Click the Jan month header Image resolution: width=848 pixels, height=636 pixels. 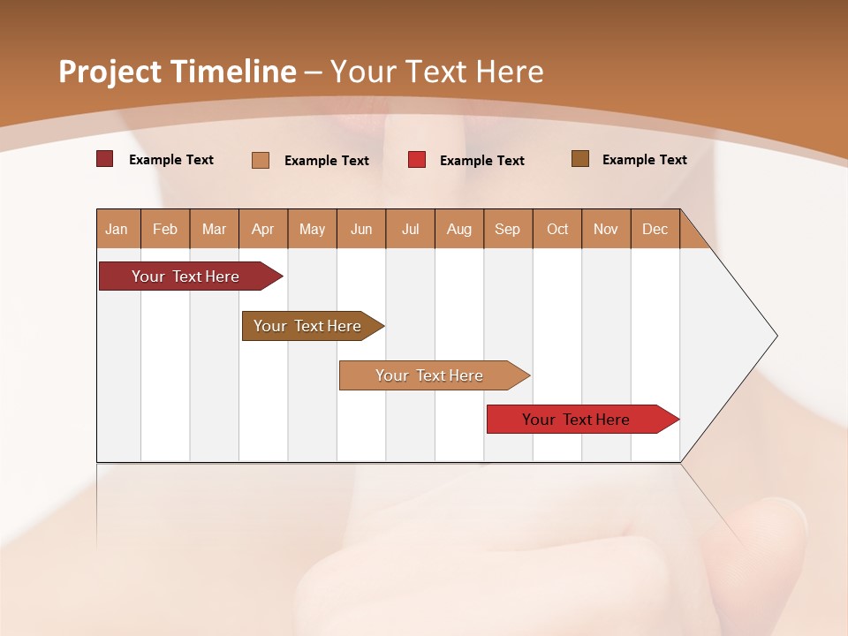click(117, 229)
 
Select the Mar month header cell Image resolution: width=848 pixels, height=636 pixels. click(214, 229)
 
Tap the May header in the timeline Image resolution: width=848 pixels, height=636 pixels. click(312, 229)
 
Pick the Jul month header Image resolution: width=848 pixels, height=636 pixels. click(410, 229)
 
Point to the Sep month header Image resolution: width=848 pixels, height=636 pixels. click(507, 229)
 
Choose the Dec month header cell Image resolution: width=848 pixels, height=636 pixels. click(655, 229)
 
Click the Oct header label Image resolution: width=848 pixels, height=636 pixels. click(557, 229)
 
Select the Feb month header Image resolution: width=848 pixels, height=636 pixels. click(165, 229)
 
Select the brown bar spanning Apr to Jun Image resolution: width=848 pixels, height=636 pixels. click(309, 326)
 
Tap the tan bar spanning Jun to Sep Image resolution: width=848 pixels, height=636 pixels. click(430, 375)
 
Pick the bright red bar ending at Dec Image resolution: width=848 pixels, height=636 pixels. click(578, 420)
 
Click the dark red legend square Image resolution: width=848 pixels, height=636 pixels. click(104, 159)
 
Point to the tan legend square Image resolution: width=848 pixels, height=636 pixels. click(261, 160)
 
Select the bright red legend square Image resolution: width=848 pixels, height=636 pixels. click(417, 160)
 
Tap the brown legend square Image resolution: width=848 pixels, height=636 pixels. click(580, 159)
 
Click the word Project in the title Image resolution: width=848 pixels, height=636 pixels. click(110, 72)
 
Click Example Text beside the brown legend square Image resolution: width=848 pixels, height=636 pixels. click(644, 160)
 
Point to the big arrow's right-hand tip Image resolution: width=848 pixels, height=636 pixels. click(775, 336)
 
